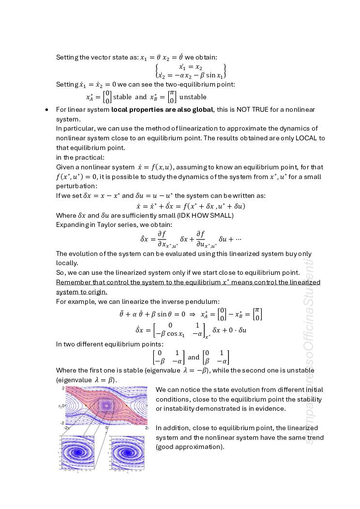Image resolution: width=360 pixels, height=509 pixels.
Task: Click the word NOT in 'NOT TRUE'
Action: [x=244, y=110]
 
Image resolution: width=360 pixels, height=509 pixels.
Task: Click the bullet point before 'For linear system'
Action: [x=46, y=110]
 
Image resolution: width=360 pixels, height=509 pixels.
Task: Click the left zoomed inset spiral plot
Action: [x=77, y=453]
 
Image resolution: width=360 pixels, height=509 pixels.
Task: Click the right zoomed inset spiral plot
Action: [x=128, y=453]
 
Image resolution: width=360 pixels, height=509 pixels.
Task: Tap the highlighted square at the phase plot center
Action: [x=106, y=405]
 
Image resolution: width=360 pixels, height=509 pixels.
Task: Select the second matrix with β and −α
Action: [x=216, y=357]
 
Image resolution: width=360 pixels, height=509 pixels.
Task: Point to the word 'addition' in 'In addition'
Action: [x=176, y=428]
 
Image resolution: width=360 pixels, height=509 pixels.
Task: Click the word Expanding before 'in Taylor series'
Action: [x=72, y=225]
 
